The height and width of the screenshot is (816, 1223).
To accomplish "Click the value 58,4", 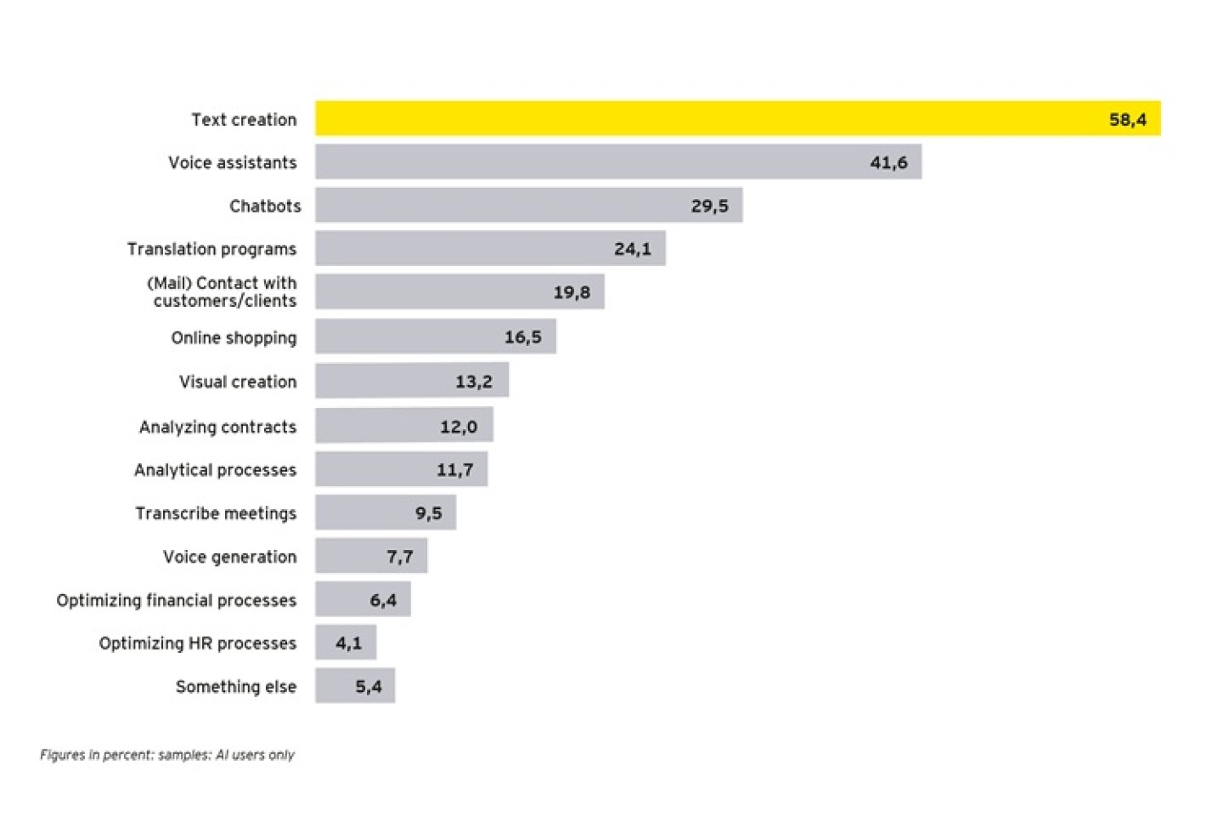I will [x=1127, y=120].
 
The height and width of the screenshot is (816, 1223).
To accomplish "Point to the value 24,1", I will [x=633, y=249].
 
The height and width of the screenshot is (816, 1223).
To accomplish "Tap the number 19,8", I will [x=572, y=292].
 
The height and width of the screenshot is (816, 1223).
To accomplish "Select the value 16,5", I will [x=522, y=337].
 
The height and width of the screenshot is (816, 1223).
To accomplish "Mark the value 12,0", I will [x=458, y=427].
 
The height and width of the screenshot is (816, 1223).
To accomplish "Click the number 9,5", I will [x=428, y=513].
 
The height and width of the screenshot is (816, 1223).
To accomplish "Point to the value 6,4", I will [x=382, y=600].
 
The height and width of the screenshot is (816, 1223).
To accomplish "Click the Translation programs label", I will [x=211, y=249].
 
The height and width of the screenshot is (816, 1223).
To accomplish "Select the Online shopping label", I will [x=234, y=338].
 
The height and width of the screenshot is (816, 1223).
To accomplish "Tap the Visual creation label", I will [x=238, y=382].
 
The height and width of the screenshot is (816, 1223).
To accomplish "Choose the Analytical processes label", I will [x=215, y=470].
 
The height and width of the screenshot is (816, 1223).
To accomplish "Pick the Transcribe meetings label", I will [x=216, y=513].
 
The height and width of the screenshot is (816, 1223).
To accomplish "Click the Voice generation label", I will [x=229, y=557].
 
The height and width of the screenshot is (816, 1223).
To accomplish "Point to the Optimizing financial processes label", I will [x=176, y=601].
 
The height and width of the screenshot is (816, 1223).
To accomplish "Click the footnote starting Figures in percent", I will [x=167, y=755].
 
